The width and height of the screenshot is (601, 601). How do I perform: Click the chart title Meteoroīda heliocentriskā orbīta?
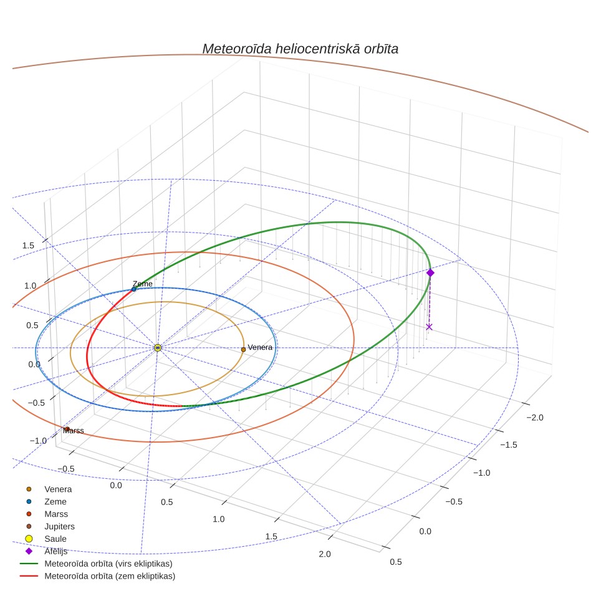(300, 49)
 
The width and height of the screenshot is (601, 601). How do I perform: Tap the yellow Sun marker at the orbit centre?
(158, 348)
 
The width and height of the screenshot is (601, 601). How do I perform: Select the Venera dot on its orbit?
(243, 350)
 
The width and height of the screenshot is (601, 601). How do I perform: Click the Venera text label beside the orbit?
(260, 347)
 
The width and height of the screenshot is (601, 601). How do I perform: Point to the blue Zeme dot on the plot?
(134, 289)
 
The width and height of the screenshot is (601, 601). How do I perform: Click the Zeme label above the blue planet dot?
(143, 284)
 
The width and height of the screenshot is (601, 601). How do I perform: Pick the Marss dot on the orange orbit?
(67, 430)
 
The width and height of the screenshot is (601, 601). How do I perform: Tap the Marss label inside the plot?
(73, 431)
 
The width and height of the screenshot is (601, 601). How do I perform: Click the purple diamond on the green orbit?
(430, 272)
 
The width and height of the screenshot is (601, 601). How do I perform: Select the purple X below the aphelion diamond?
(430, 327)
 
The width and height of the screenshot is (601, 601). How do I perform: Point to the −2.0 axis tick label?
(535, 418)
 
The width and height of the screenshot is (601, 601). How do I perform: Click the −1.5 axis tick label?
(509, 445)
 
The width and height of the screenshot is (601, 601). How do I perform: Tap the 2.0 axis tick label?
(325, 554)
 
